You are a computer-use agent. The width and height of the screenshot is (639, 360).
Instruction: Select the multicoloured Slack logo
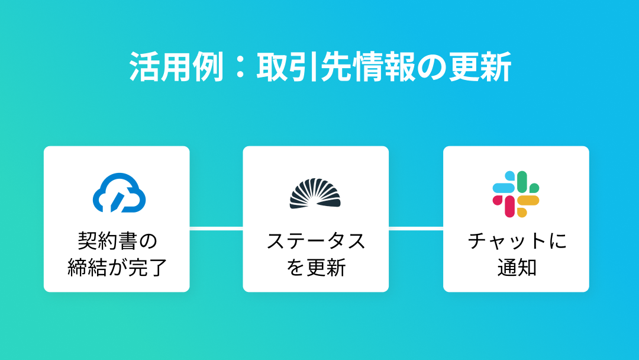pyautogui.click(x=516, y=194)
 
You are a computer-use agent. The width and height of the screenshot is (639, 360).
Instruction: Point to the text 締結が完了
pyautogui.click(x=117, y=267)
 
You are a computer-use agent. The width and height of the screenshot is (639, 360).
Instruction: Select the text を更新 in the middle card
pyautogui.click(x=315, y=267)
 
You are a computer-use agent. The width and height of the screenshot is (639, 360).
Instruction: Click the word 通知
pyautogui.click(x=516, y=267)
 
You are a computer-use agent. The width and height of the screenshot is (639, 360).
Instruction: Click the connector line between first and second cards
pyautogui.click(x=216, y=228)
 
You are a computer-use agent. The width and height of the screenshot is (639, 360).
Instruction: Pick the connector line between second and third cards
pyautogui.click(x=416, y=228)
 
